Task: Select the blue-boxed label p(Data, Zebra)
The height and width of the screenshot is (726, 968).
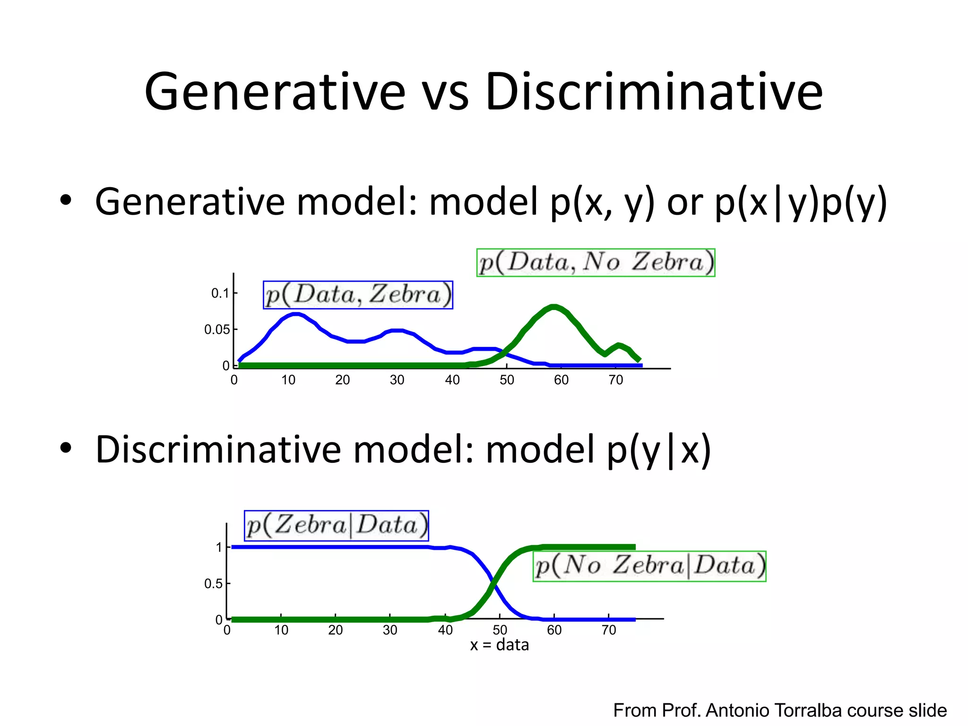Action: click(358, 295)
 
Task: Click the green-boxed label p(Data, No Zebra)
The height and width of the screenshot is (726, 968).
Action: click(596, 263)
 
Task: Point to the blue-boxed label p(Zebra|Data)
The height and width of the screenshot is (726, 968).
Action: click(337, 526)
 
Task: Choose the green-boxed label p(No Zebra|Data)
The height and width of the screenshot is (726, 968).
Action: click(649, 566)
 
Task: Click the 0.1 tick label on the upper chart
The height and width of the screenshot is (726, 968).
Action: click(220, 293)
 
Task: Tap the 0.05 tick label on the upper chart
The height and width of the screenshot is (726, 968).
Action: click(217, 329)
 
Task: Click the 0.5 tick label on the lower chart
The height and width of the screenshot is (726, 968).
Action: click(213, 584)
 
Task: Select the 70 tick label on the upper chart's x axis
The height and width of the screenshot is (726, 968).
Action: click(616, 380)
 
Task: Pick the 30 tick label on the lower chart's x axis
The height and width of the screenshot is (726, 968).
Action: click(390, 630)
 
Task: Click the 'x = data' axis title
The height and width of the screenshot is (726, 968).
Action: click(500, 645)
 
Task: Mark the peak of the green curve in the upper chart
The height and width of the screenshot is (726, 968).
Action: click(554, 307)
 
